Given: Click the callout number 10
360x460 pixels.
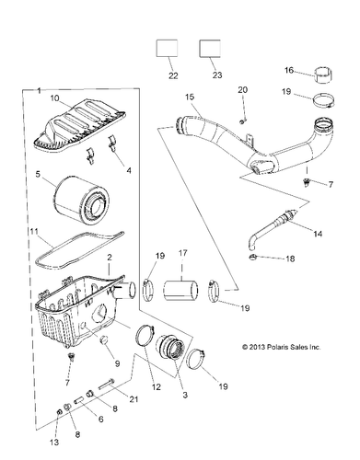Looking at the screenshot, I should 55,98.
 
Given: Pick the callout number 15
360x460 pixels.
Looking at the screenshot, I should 189,97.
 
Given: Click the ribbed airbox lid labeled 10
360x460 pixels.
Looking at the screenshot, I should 79,121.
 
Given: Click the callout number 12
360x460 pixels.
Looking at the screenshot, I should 156,387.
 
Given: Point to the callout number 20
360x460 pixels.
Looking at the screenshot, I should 243,89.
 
